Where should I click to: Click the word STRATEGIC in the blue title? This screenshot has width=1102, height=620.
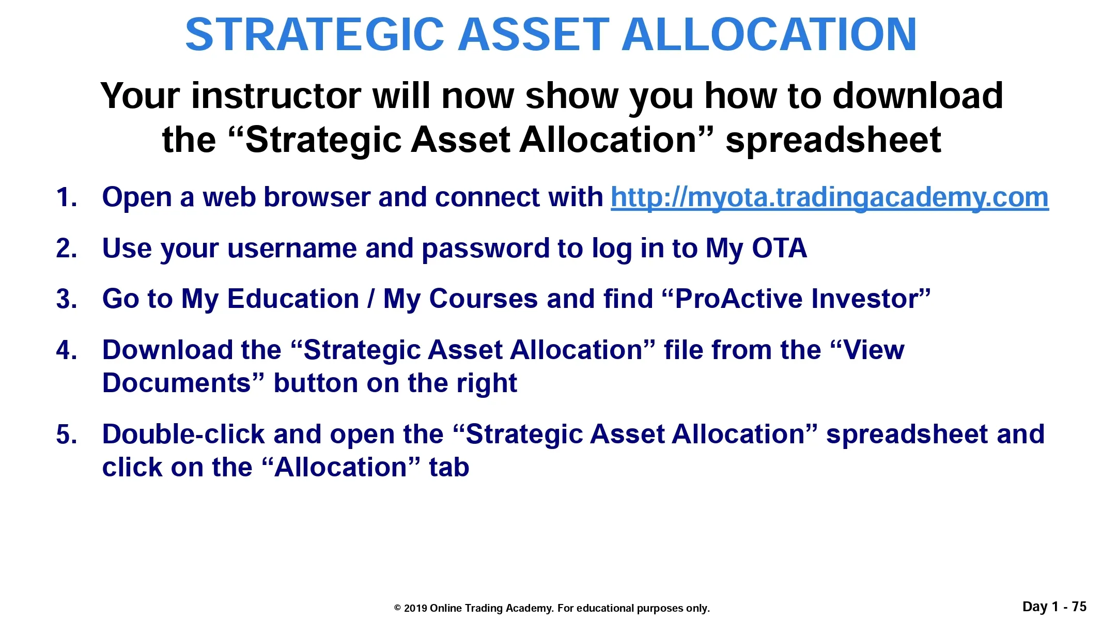pos(315,35)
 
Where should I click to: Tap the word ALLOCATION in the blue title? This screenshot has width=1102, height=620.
pos(769,35)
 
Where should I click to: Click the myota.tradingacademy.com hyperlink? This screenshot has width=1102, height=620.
pos(830,198)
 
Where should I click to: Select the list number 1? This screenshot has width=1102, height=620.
pos(67,198)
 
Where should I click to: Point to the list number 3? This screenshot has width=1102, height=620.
pos(67,300)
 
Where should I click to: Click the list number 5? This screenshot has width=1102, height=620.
pos(67,435)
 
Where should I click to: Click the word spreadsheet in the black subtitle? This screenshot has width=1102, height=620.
pos(833,141)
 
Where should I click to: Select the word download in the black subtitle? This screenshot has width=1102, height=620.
pos(918,96)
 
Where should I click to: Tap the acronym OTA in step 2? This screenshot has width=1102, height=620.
pos(779,249)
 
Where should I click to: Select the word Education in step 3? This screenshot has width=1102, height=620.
pos(293,299)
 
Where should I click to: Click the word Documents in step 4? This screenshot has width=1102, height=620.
pos(177,383)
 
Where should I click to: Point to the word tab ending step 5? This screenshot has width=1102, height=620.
pos(449,468)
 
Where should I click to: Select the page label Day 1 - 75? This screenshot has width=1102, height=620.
pos(1054,607)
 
